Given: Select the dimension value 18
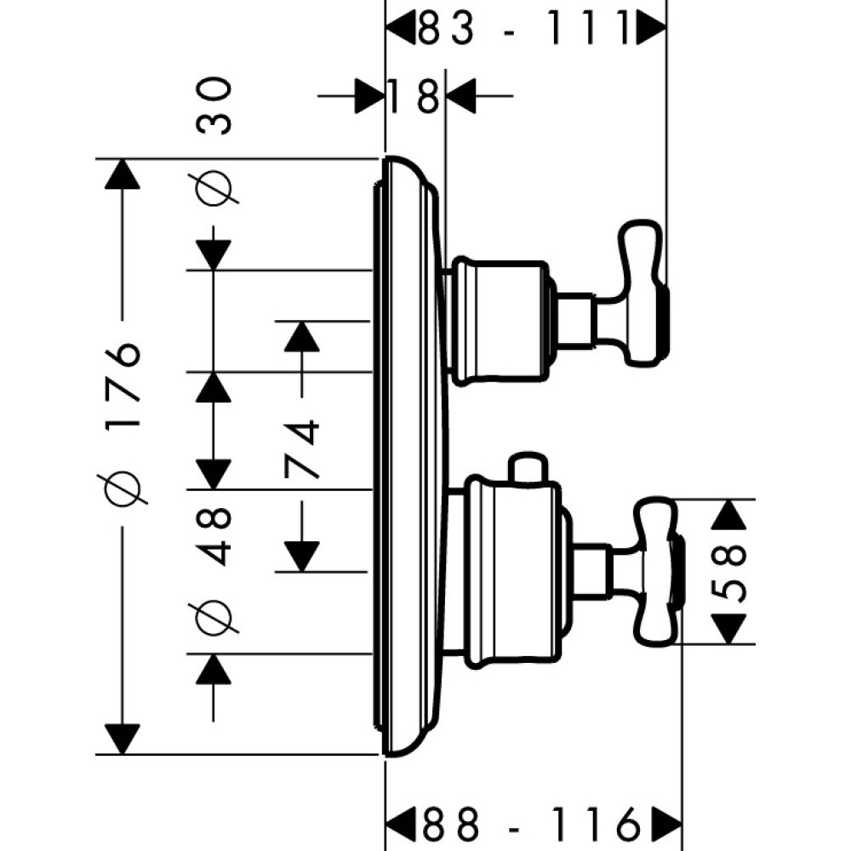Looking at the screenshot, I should (x=414, y=95).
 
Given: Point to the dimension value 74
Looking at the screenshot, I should (x=303, y=448).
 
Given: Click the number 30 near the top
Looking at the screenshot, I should (x=214, y=106).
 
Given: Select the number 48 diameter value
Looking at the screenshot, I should (x=214, y=536).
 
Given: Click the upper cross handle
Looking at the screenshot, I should (x=643, y=294).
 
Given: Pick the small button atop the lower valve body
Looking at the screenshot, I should (x=524, y=467).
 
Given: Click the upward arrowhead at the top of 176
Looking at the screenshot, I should (x=124, y=175).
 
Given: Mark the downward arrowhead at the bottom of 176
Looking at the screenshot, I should (x=124, y=737).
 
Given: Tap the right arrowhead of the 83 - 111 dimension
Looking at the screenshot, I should (x=652, y=30).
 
